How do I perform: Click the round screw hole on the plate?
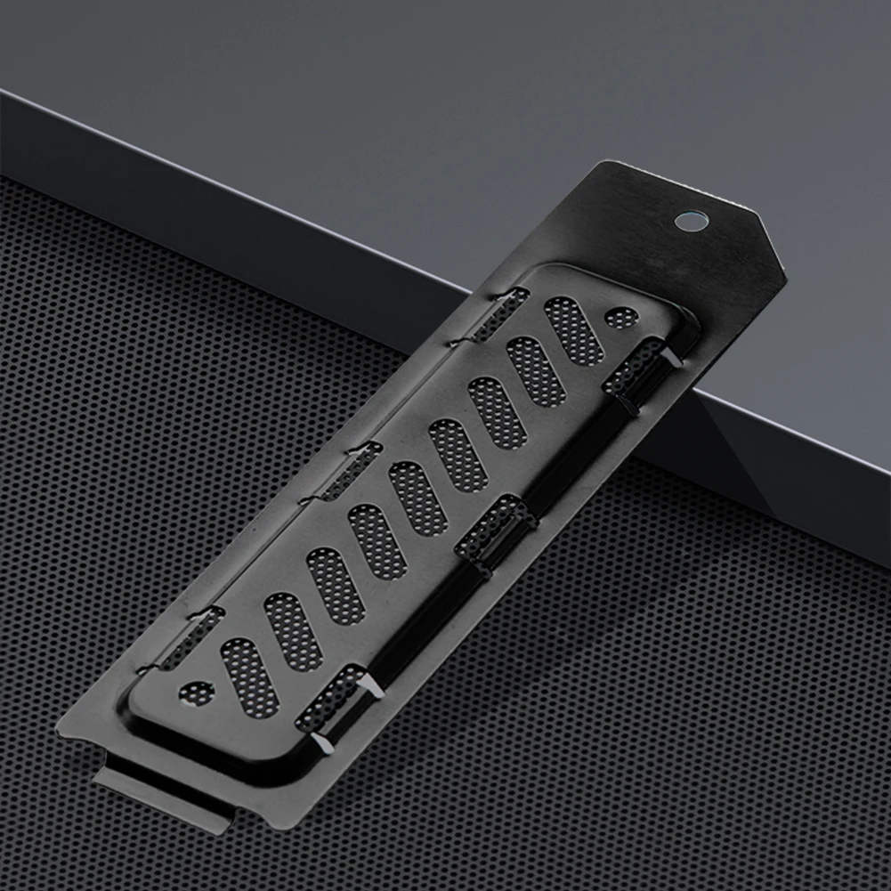click(691, 220)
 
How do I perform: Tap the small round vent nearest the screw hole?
click(620, 317)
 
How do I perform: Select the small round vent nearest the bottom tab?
click(197, 693)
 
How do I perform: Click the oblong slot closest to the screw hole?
click(573, 330)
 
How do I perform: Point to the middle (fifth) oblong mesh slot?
click(417, 498)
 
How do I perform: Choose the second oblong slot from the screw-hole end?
click(536, 370)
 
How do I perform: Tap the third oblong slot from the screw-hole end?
click(497, 412)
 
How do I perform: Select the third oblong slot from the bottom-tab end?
click(335, 586)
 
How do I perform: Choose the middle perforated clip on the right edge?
click(495, 530)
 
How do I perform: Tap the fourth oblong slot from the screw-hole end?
click(457, 455)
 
